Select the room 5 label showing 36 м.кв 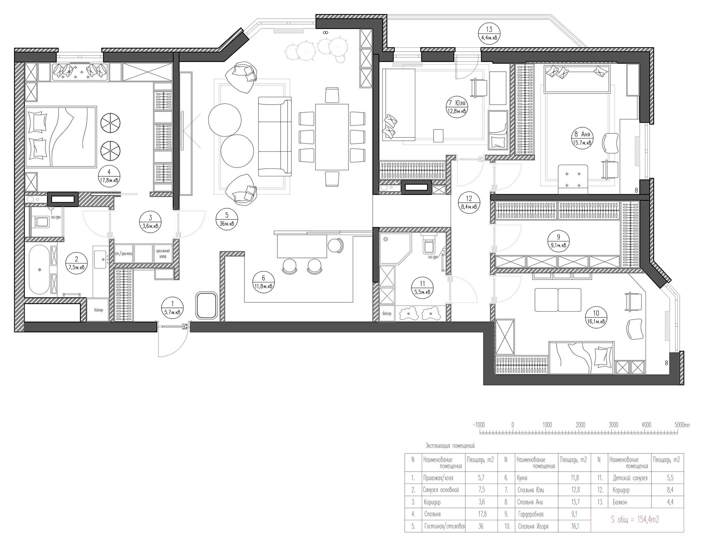coord(227,219)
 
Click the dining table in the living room coord(332,136)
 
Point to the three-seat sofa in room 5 coord(275,136)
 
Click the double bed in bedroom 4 coord(61,138)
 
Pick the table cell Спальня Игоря coord(533,526)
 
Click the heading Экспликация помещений coord(450,446)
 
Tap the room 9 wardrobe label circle coord(559,241)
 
